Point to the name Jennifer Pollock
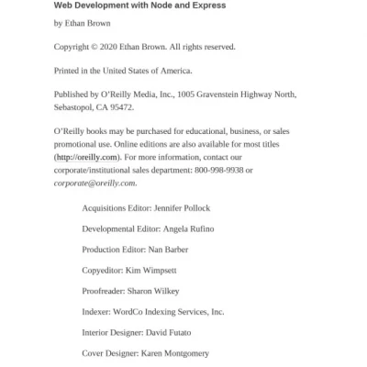pyautogui.click(x=194, y=208)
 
